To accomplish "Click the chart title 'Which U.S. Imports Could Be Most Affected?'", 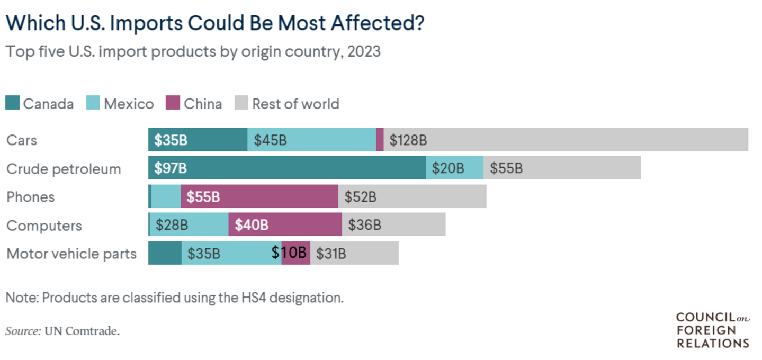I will click(x=215, y=23).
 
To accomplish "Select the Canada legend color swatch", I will click(x=13, y=103).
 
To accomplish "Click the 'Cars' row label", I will click(x=22, y=140).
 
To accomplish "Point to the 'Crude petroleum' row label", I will click(x=64, y=169).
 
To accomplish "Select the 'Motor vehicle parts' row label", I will click(x=71, y=254).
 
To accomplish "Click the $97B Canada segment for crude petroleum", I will click(x=287, y=168).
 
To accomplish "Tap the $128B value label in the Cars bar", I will click(x=408, y=140).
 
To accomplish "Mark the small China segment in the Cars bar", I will click(x=380, y=140).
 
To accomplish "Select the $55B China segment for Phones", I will click(x=259, y=196).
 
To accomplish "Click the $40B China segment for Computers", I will click(x=285, y=224).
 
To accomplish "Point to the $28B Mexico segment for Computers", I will click(x=189, y=224).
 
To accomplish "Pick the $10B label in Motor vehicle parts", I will click(x=290, y=253).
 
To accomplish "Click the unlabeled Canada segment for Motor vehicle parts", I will click(x=165, y=253).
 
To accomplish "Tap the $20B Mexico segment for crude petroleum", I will click(x=454, y=168).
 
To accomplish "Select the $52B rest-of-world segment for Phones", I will click(x=412, y=196).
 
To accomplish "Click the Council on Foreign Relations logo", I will click(x=712, y=330).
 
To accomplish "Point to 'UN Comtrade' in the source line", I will click(x=82, y=331).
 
